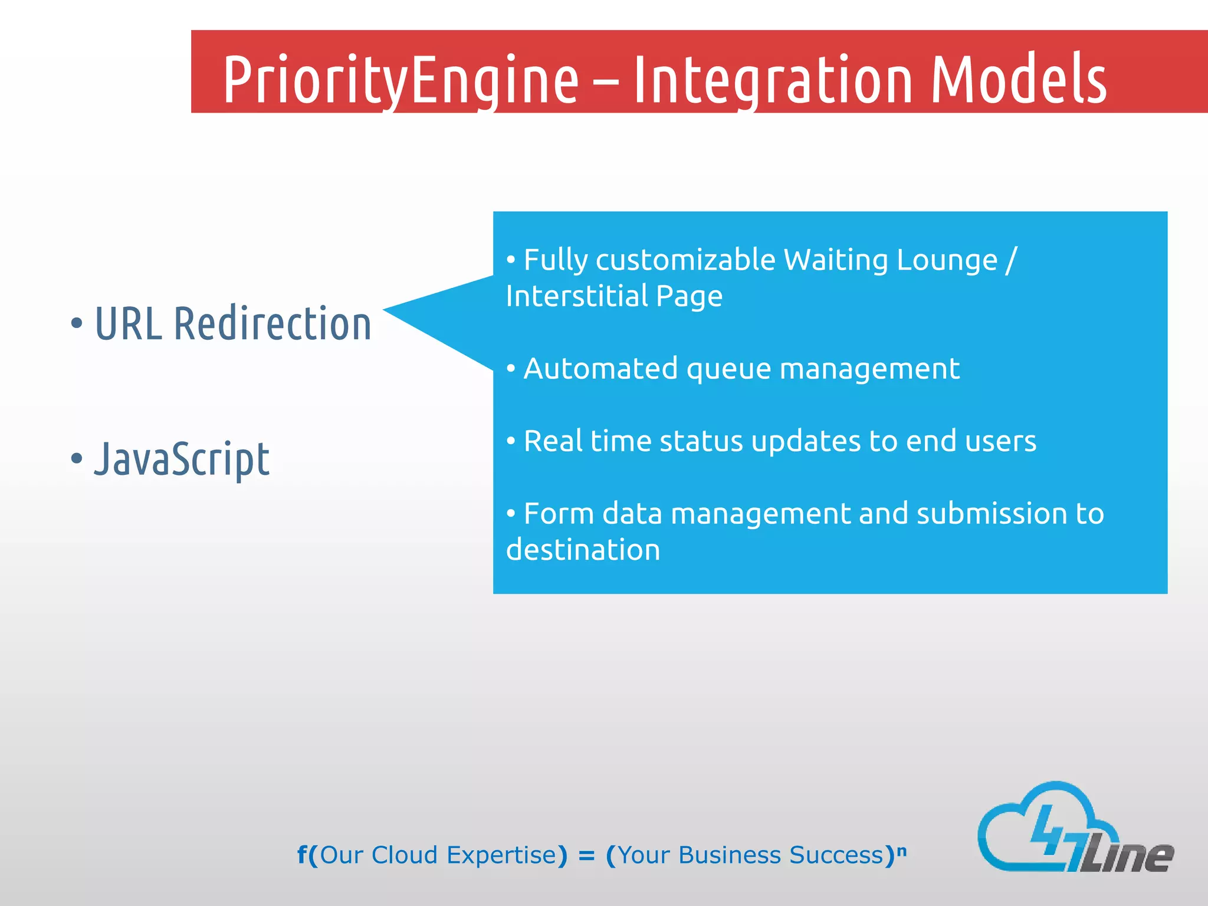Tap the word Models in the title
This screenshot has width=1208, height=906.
[x=1019, y=80]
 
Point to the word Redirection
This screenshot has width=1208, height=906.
[x=273, y=324]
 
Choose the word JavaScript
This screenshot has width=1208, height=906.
[x=182, y=459]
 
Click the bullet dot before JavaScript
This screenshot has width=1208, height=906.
[x=77, y=458]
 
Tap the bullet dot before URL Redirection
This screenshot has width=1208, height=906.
[x=77, y=323]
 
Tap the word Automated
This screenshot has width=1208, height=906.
[x=600, y=369]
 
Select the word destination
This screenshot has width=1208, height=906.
[x=583, y=550]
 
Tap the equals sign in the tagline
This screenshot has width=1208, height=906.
[x=586, y=855]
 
